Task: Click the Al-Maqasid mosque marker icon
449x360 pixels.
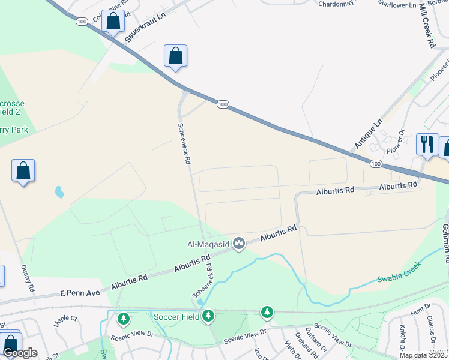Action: click(x=239, y=243)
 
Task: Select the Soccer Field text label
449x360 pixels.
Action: click(x=176, y=316)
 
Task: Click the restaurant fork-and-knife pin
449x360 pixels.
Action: click(x=427, y=143)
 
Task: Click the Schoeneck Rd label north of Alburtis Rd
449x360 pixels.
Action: click(x=184, y=144)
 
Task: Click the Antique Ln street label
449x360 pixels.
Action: click(x=368, y=134)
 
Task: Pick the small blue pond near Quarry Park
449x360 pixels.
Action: click(x=59, y=192)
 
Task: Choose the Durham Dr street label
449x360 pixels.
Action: click(x=315, y=338)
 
